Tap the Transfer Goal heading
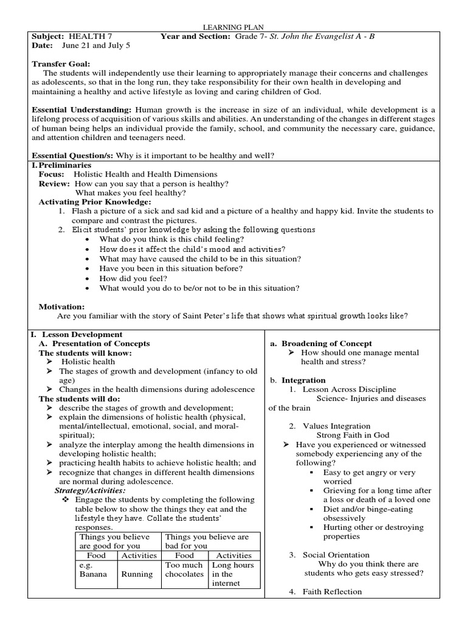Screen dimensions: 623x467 point(61,63)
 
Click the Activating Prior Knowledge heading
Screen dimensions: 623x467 point(95,201)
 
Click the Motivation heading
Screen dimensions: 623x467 point(62,307)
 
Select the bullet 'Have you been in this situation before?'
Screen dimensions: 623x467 point(171,268)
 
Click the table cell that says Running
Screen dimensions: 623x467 point(137,574)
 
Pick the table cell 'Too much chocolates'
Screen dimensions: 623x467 point(184,569)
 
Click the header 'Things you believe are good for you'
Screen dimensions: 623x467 point(119,541)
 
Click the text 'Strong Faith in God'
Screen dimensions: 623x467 point(353,435)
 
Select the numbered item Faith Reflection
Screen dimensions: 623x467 point(332,591)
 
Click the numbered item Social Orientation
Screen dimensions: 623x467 point(336,555)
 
